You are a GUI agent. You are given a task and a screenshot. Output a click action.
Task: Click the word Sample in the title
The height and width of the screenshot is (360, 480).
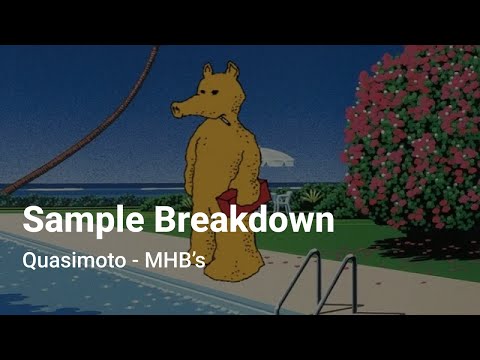click(80, 220)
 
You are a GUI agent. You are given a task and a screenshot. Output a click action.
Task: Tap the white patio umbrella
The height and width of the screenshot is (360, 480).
click(277, 158)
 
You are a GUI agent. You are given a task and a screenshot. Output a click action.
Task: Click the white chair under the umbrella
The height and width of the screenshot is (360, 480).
click(283, 199)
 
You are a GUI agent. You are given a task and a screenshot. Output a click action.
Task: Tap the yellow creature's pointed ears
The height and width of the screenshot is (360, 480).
click(220, 72)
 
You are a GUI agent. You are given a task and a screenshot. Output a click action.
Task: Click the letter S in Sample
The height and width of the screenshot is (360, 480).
click(33, 220)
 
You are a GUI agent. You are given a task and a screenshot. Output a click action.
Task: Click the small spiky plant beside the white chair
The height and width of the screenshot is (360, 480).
click(311, 196)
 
